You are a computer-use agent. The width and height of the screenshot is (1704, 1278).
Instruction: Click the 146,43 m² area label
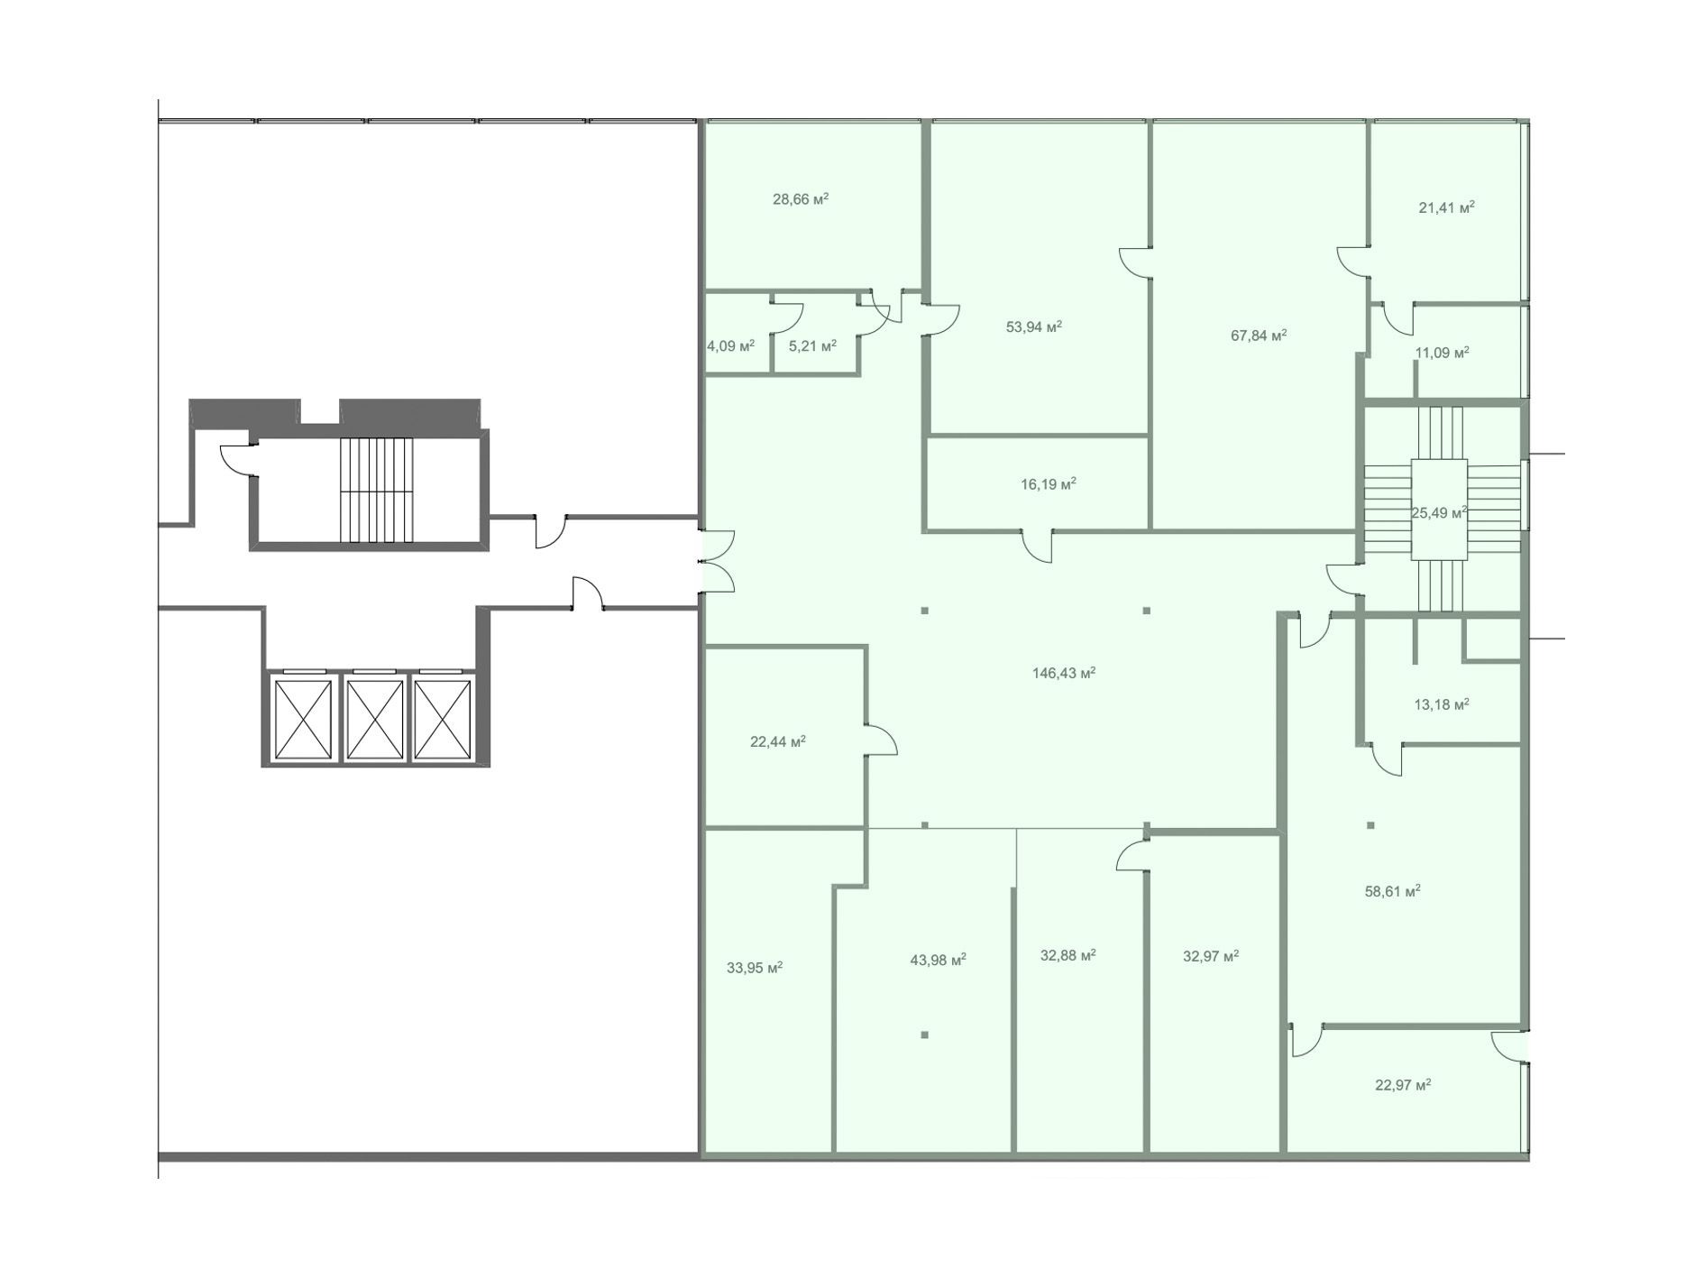pos(1064,673)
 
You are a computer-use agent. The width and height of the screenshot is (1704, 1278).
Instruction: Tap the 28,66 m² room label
pos(801,199)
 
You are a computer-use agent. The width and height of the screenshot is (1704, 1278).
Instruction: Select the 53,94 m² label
pos(1034,326)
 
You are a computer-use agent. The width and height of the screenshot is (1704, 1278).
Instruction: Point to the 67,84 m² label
pos(1259,336)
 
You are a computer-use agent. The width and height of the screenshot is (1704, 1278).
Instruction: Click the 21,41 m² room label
pos(1446,207)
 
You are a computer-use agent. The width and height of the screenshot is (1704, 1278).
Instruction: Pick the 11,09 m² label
pos(1442,353)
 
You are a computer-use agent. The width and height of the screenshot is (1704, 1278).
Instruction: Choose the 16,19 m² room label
pos(1049,484)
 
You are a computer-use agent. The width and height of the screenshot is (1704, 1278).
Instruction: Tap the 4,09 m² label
pos(730,345)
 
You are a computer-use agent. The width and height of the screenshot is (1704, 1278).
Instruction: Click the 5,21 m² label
pos(812,345)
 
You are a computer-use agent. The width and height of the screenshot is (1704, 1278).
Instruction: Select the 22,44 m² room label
pos(778,742)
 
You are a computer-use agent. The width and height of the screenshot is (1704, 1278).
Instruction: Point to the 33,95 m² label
pos(755,969)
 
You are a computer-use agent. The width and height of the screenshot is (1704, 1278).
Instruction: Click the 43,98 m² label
pos(939,961)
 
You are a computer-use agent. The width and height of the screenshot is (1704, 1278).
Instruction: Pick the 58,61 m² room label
pos(1393,892)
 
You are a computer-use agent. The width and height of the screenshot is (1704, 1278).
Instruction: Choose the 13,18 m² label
pos(1442,704)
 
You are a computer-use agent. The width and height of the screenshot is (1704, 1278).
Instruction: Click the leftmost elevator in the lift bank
pos(303,719)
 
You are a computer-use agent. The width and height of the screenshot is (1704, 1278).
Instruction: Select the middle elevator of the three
pos(374,719)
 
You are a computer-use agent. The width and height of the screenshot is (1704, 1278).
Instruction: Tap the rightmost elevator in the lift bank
pos(442,719)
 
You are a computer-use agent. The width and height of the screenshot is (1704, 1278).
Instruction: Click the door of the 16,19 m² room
pos(1038,546)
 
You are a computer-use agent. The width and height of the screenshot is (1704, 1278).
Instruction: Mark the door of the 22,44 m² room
pos(880,739)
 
